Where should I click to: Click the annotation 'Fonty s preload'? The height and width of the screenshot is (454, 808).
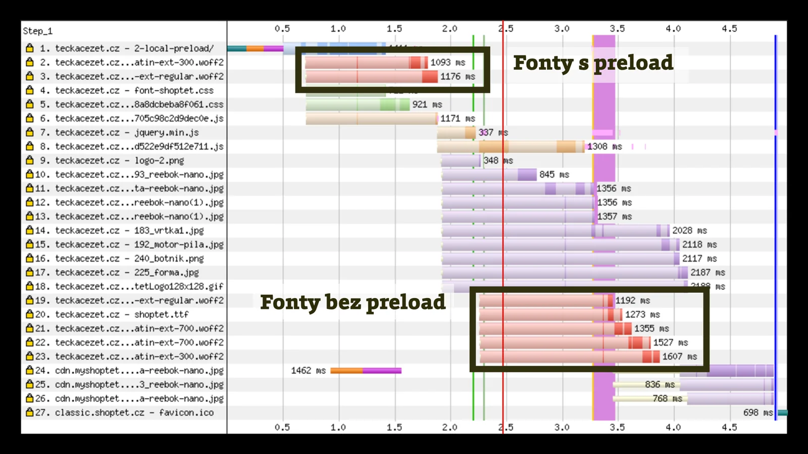(593, 63)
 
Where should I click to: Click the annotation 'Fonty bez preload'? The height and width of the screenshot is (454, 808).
(352, 302)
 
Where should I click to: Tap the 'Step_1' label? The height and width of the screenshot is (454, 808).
(37, 31)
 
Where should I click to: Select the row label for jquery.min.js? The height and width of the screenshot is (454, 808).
(126, 133)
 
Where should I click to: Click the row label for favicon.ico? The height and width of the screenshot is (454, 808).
(134, 413)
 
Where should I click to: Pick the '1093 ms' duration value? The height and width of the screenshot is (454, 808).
(447, 63)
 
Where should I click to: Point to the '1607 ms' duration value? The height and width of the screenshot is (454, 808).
(679, 357)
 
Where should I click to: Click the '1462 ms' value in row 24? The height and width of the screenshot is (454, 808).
(308, 371)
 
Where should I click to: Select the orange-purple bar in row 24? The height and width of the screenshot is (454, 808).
(366, 371)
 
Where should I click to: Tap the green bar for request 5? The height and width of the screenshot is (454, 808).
(358, 104)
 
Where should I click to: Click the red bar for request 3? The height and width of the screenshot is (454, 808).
(371, 77)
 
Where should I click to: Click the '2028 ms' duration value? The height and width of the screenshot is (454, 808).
(689, 231)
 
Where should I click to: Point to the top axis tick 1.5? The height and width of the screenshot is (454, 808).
(394, 29)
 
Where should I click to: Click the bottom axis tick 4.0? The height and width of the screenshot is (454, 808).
(673, 427)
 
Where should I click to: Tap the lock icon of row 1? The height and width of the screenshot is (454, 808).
(30, 48)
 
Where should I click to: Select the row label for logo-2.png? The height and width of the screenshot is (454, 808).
(119, 160)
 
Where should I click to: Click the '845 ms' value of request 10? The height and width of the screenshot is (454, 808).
(554, 175)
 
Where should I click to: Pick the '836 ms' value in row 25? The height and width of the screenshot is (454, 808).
(660, 385)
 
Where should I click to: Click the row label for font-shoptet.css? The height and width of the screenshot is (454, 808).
(134, 91)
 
